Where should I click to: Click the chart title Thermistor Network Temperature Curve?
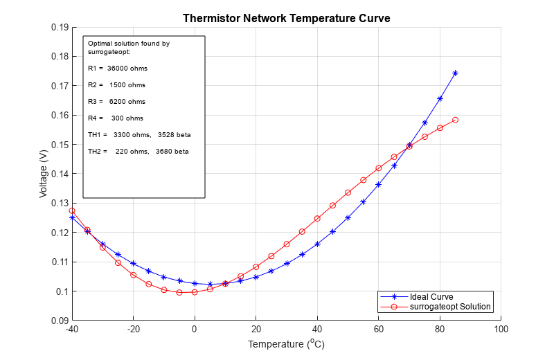(286, 19)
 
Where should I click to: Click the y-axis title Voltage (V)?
(44, 174)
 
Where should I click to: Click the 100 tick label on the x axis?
(501, 330)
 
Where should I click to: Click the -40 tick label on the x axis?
(71, 330)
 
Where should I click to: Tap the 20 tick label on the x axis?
(256, 330)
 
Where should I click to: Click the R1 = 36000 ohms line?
(118, 69)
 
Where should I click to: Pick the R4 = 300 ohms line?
(116, 118)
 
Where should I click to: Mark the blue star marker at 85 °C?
(455, 73)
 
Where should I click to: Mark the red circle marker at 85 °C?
(455, 120)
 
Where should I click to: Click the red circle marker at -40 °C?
(72, 210)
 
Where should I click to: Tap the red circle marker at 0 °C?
(195, 292)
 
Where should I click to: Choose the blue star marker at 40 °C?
(317, 244)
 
